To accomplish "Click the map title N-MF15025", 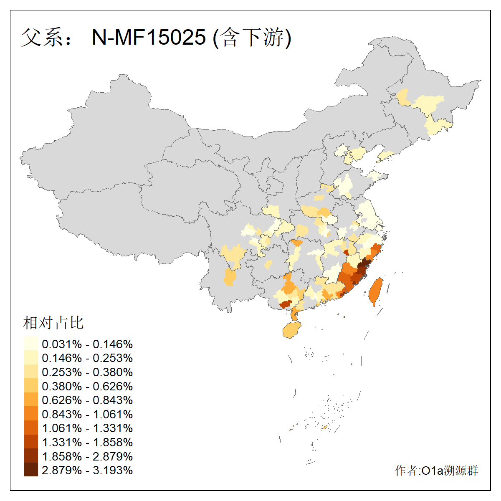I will pyautogui.click(x=149, y=37).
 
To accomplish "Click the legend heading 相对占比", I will pyautogui.click(x=53, y=322).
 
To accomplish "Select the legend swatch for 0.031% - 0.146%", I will pyautogui.click(x=31, y=344).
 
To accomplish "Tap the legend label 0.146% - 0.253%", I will pyautogui.click(x=87, y=358).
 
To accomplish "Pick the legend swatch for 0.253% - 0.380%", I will pyautogui.click(x=31, y=372).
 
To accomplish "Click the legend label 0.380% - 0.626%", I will pyautogui.click(x=87, y=386).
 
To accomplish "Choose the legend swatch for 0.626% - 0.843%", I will pyautogui.click(x=31, y=400).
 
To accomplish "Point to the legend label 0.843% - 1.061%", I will pyautogui.click(x=87, y=414).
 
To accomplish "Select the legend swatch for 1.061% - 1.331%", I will pyautogui.click(x=31, y=428).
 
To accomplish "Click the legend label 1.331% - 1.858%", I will pyautogui.click(x=87, y=442).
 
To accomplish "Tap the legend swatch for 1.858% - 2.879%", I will pyautogui.click(x=31, y=456).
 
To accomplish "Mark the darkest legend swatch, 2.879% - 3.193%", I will pyautogui.click(x=31, y=470).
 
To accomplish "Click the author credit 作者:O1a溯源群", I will pyautogui.click(x=436, y=471).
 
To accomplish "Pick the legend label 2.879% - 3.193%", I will pyautogui.click(x=87, y=470).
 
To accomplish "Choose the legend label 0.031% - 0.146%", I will pyautogui.click(x=87, y=344).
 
